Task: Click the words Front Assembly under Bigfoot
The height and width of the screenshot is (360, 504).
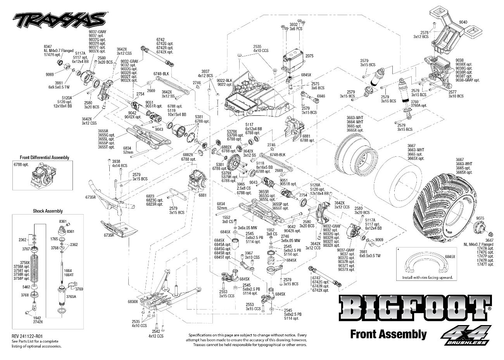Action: click(388, 334)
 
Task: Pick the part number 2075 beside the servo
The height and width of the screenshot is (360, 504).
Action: click(309, 56)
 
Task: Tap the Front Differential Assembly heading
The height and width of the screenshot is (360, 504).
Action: click(45, 157)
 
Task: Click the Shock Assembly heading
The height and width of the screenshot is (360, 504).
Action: click(48, 211)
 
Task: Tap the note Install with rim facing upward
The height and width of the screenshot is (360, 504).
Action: click(427, 277)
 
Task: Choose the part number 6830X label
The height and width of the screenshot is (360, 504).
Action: click(133, 301)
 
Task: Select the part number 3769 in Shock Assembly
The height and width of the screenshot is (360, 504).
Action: click(79, 289)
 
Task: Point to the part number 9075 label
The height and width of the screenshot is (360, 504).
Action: click(480, 218)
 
